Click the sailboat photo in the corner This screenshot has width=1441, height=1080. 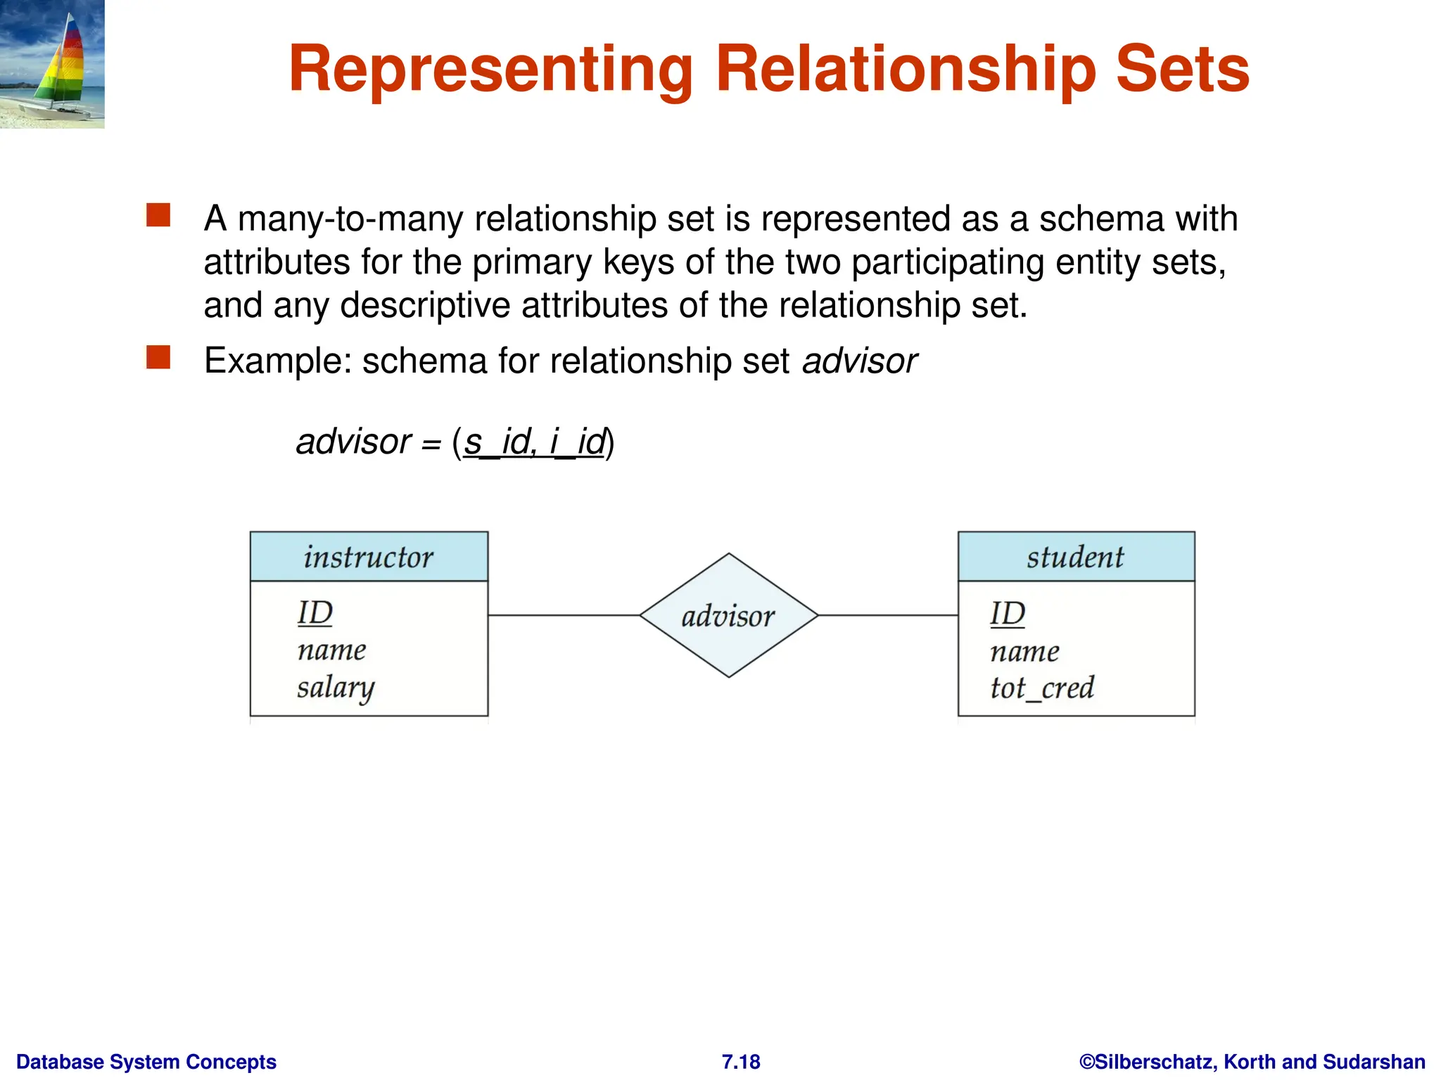(x=52, y=63)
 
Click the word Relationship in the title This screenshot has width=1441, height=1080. (x=906, y=69)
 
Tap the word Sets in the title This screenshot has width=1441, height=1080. (x=1182, y=69)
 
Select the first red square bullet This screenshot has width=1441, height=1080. (x=158, y=215)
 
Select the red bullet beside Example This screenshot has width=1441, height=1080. (x=158, y=357)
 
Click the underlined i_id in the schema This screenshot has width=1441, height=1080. (x=577, y=442)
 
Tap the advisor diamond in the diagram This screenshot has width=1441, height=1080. (x=728, y=616)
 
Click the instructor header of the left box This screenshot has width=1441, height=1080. (x=369, y=557)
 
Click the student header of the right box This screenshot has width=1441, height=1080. (x=1075, y=557)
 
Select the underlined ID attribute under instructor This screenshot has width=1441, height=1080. (x=315, y=613)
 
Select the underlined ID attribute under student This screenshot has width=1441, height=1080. (x=1008, y=614)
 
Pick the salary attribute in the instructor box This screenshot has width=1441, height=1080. (x=335, y=688)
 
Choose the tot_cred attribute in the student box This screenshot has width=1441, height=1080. (x=1042, y=688)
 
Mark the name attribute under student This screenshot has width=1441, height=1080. (x=1024, y=652)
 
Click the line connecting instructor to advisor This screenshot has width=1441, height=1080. (x=563, y=615)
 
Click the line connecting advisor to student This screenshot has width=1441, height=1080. (x=888, y=615)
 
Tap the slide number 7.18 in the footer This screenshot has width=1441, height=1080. (x=741, y=1062)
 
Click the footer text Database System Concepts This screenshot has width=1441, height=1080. (x=146, y=1062)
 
